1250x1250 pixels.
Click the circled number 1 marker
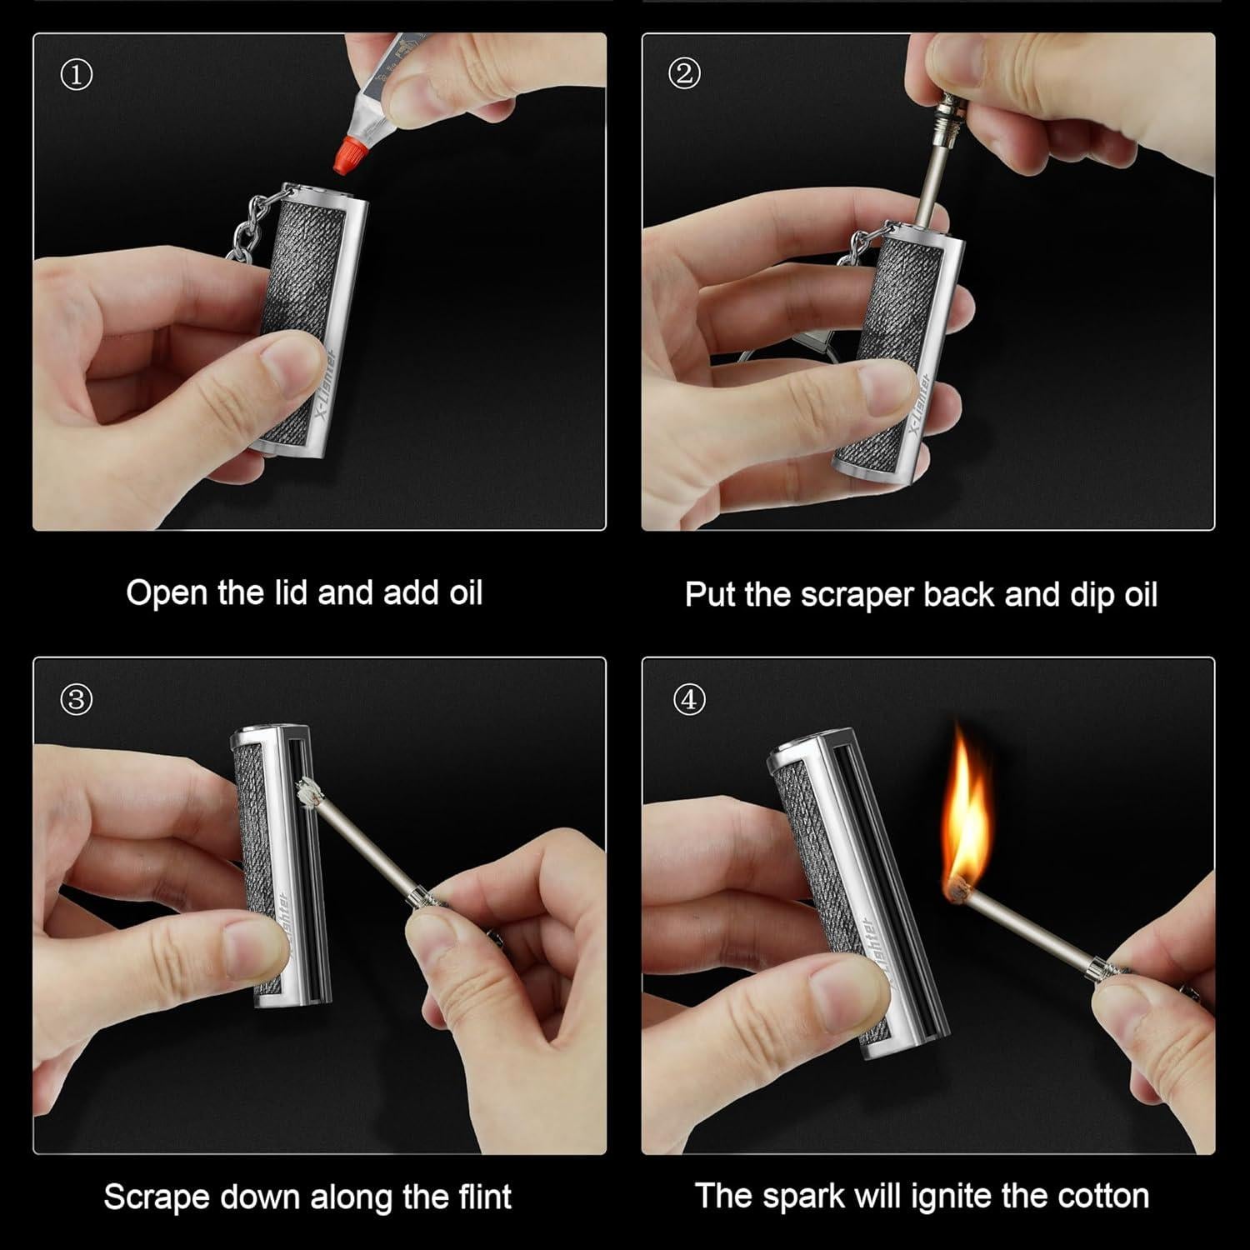coord(77,76)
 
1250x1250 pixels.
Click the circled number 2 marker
coord(684,74)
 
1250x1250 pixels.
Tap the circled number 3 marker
coord(77,700)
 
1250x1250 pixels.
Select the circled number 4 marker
coord(688,700)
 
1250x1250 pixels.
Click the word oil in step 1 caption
coord(463,593)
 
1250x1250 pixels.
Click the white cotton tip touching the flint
coord(309,791)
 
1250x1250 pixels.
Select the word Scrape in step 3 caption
coord(156,1197)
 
